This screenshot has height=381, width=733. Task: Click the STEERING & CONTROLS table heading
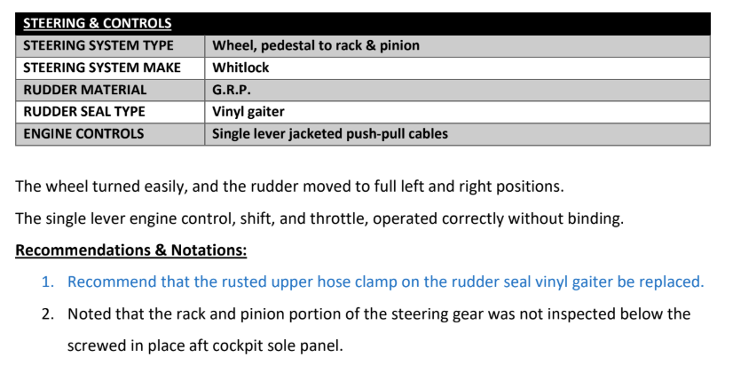98,23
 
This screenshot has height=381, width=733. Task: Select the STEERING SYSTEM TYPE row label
99,45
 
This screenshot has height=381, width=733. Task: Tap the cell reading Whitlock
240,67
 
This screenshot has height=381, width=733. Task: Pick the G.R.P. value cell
231,90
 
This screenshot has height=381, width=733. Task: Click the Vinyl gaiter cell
248,112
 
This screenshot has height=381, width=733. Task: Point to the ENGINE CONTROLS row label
83,134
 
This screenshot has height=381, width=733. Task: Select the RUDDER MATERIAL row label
84,90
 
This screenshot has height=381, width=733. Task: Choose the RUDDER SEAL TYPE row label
84,111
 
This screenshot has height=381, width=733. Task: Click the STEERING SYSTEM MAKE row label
102,67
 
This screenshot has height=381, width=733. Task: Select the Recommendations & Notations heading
131,250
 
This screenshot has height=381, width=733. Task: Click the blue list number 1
48,282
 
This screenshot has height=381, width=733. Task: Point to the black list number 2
48,314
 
